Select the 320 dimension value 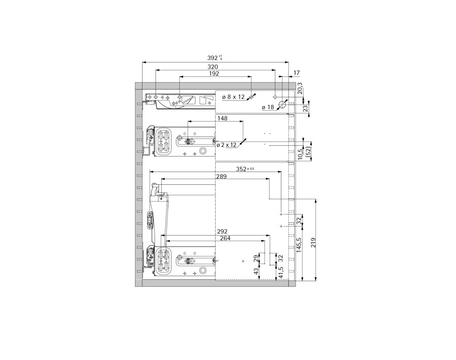(213, 67)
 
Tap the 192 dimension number (214, 74)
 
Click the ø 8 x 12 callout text (233, 96)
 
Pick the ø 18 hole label (268, 108)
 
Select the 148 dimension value (222, 118)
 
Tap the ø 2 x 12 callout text (226, 145)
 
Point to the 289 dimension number (221, 176)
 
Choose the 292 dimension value (222, 232)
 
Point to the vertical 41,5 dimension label (280, 274)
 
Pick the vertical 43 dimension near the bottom (256, 272)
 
